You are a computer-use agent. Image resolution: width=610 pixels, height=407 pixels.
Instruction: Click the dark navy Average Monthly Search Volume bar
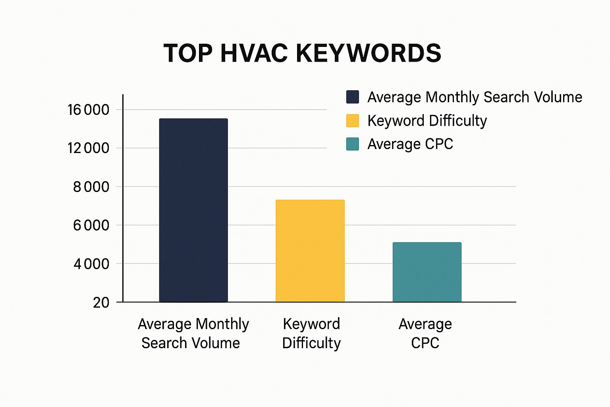[x=193, y=210]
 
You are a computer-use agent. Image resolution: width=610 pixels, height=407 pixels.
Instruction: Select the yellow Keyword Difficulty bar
[x=310, y=251]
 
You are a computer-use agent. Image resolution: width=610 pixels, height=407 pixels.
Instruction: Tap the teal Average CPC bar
[x=427, y=272]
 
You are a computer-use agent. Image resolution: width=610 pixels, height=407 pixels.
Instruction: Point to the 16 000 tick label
[x=88, y=110]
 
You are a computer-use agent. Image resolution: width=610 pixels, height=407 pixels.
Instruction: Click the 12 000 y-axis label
[x=88, y=148]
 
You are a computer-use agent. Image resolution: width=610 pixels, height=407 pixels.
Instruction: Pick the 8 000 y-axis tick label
[x=91, y=187]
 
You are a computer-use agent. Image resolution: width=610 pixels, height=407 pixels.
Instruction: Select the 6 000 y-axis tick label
[x=91, y=225]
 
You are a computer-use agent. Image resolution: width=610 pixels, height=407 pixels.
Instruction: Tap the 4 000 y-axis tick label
[x=91, y=264]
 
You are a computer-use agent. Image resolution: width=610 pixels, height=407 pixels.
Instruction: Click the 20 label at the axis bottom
[x=101, y=303]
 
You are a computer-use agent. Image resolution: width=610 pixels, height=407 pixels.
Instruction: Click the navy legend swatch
[x=353, y=97]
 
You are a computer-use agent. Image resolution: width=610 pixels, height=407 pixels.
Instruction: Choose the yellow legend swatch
[x=353, y=120]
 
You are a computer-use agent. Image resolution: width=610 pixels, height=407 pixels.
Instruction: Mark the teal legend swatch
[x=353, y=144]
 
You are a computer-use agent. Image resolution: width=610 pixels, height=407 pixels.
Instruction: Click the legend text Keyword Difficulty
[x=427, y=121]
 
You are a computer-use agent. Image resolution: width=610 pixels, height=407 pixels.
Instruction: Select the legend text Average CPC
[x=410, y=144]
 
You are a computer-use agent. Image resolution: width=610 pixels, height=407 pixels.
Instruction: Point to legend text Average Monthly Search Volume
[x=475, y=97]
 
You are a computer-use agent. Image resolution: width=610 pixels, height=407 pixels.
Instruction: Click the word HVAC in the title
[x=254, y=53]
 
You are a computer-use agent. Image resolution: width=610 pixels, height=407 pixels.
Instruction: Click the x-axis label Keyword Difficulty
[x=311, y=333]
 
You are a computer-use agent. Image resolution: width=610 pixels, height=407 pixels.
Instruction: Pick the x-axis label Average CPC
[x=425, y=333]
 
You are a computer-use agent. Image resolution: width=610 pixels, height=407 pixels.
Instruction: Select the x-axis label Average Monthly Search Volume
[x=193, y=333]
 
